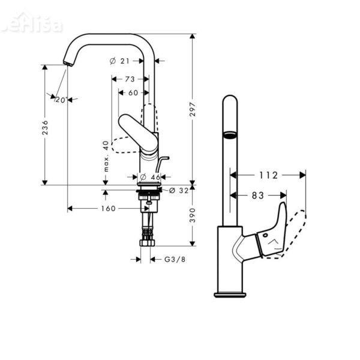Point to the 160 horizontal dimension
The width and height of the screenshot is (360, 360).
click(107, 209)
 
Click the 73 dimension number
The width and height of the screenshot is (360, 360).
click(130, 79)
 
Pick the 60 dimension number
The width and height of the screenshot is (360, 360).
click(133, 92)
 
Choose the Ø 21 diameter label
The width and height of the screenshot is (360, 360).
click(121, 61)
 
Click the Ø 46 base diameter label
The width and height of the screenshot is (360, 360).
click(149, 178)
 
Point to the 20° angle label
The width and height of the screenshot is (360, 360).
click(60, 100)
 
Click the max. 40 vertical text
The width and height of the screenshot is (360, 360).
click(106, 157)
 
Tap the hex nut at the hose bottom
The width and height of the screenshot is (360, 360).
click(148, 243)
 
